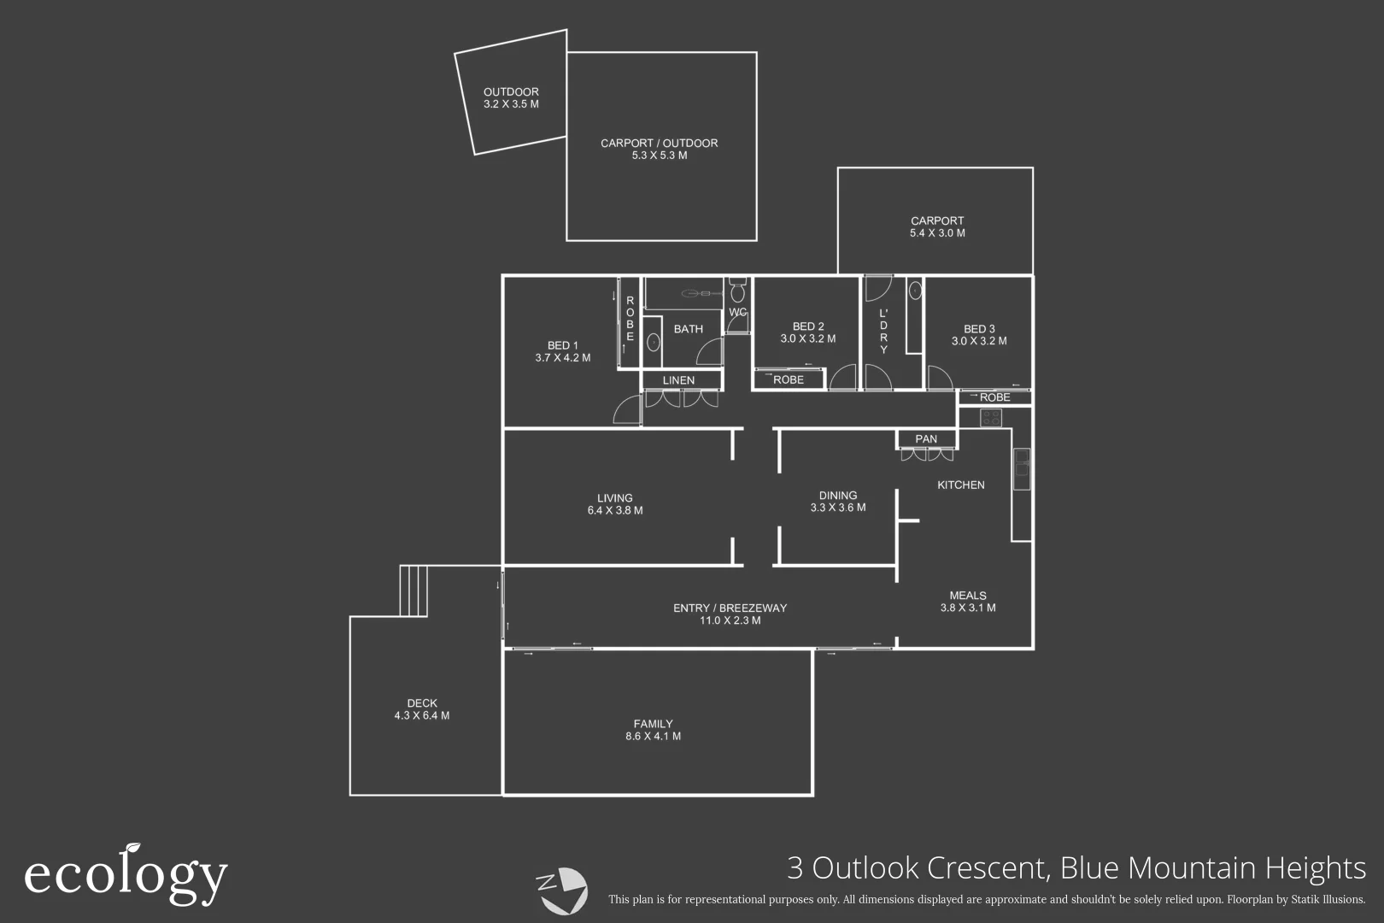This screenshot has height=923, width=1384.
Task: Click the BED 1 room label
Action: [562, 351]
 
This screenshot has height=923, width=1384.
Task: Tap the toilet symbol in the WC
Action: [737, 292]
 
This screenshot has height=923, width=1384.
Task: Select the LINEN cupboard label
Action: [678, 380]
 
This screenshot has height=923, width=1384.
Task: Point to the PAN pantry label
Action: [926, 439]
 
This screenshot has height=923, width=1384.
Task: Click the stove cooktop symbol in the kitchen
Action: [991, 418]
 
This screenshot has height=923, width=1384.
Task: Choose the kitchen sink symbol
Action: [1021, 469]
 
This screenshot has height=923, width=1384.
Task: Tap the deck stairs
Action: [413, 591]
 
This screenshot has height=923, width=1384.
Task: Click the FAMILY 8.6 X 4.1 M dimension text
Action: [653, 736]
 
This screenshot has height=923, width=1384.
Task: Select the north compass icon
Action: [561, 890]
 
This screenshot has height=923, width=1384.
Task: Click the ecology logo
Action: [126, 874]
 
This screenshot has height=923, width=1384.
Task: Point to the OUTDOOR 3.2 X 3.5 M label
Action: [511, 98]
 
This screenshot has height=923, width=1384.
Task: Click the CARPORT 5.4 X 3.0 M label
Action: [937, 226]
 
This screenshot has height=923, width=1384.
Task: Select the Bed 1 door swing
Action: [628, 410]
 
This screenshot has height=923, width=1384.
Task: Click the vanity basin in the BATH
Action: [653, 342]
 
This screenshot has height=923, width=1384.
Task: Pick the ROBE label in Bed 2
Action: [788, 379]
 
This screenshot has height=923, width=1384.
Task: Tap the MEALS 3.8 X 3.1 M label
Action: [967, 602]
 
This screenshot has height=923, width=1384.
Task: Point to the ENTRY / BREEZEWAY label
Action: [730, 614]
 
